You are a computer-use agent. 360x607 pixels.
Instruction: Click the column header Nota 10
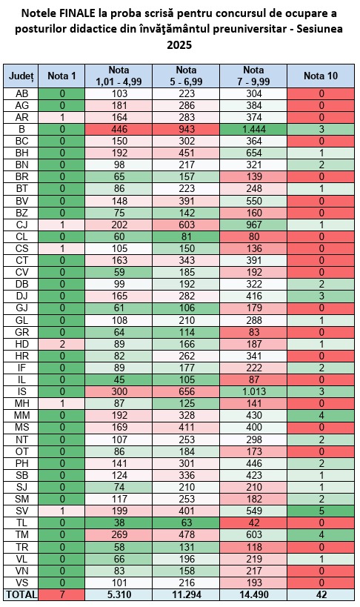click(321, 76)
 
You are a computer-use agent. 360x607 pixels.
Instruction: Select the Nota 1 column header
click(61, 76)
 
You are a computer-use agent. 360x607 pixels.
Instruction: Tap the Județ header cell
click(21, 76)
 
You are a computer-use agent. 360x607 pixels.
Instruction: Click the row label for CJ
click(21, 225)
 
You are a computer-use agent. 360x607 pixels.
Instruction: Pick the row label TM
click(21, 535)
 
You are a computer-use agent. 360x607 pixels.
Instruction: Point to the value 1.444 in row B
click(253, 129)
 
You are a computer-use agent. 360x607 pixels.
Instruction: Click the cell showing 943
click(186, 129)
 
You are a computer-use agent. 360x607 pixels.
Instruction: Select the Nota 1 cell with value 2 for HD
click(61, 344)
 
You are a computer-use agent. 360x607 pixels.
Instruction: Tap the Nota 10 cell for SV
click(321, 511)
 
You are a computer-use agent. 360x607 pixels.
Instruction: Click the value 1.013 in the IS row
click(253, 392)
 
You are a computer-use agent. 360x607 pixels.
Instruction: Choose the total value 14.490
click(253, 594)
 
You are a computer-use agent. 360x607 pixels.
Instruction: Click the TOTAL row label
click(21, 594)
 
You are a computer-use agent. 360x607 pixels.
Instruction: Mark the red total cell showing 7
click(61, 594)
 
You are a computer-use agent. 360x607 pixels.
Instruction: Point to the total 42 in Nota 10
click(321, 594)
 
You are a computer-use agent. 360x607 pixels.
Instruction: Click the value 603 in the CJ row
click(186, 225)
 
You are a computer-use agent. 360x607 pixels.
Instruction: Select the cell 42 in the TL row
click(253, 523)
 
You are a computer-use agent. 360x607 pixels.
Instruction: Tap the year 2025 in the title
click(179, 45)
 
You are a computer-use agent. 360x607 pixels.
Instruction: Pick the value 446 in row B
click(119, 129)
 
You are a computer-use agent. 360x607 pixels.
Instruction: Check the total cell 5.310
click(119, 594)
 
